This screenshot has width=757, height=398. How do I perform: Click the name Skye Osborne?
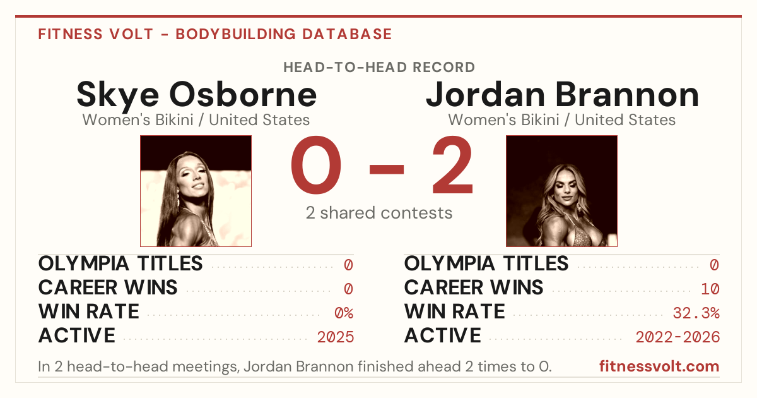(196, 95)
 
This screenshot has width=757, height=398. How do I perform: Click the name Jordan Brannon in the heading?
(562, 95)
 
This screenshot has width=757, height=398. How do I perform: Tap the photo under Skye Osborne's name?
(196, 191)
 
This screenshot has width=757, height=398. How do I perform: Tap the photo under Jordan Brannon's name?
(561, 191)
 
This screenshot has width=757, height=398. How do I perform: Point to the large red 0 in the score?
(316, 165)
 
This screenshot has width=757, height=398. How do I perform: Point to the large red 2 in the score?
(452, 165)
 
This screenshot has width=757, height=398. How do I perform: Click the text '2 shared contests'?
(379, 213)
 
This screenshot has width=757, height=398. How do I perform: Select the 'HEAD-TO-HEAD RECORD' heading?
(379, 68)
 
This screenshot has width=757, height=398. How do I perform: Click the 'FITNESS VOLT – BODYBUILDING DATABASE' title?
(215, 34)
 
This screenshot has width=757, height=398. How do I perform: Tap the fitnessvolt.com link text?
(659, 366)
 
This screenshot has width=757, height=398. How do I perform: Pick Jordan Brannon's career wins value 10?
(710, 289)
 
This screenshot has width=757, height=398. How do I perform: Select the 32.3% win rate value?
(696, 313)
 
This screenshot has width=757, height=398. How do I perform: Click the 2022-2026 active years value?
(678, 337)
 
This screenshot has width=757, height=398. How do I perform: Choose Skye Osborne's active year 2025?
(336, 337)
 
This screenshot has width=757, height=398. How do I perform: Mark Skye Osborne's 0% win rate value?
(344, 313)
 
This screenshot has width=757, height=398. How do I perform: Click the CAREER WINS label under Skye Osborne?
(108, 287)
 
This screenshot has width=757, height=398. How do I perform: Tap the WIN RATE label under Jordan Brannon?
(455, 311)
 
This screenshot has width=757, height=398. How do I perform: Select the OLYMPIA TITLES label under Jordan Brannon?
(486, 263)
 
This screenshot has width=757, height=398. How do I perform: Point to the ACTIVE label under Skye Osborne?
(77, 335)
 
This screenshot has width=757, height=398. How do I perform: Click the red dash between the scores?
(387, 169)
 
